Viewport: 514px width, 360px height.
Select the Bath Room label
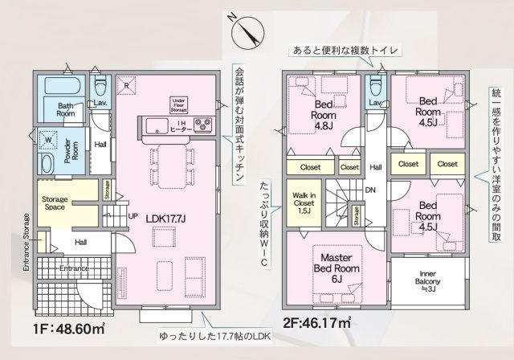pyautogui.click(x=67, y=109)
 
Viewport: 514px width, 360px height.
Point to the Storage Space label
pyautogui.click(x=55, y=203)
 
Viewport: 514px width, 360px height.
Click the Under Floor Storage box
pyautogui.click(x=178, y=103)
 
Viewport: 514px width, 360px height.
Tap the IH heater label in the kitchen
pyautogui.click(x=178, y=125)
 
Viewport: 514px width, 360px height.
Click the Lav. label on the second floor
pyautogui.click(x=375, y=103)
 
